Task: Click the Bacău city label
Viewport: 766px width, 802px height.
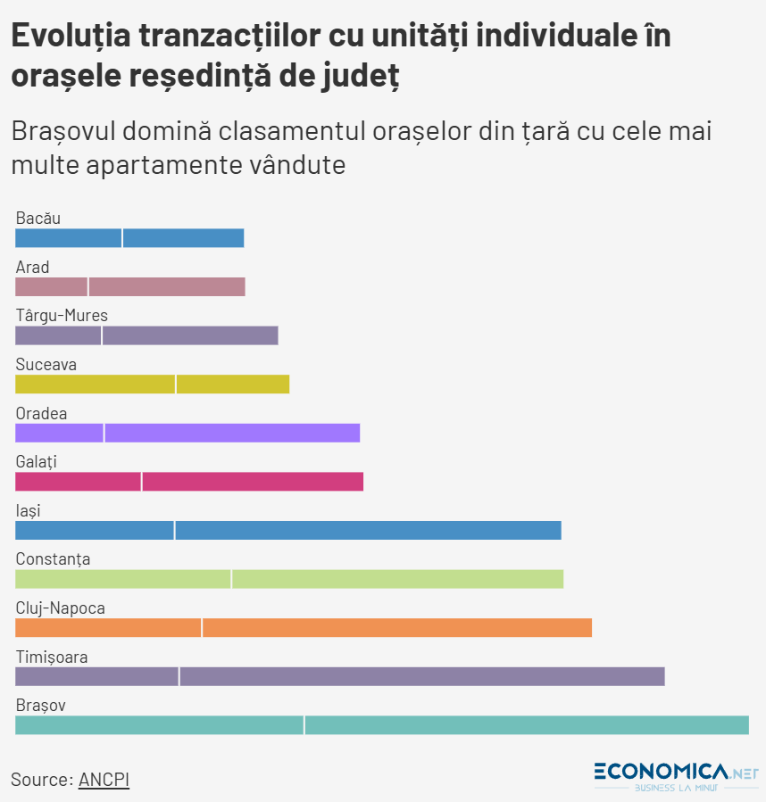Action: click(x=38, y=218)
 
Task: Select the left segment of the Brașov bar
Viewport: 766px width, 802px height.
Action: click(x=159, y=725)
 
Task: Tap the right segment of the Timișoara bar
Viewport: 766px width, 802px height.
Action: click(x=422, y=677)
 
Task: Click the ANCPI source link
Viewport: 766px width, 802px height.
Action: click(x=104, y=779)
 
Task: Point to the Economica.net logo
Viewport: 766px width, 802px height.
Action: click(x=676, y=775)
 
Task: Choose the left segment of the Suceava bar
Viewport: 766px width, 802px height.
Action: click(x=95, y=384)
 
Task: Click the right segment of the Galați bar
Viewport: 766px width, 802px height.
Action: click(x=253, y=482)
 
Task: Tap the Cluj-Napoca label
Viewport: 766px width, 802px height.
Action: click(x=61, y=608)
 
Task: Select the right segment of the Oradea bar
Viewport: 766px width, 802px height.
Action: click(x=232, y=433)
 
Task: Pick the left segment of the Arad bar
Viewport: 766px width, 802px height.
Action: click(x=51, y=286)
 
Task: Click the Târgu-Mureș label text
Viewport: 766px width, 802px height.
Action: click(x=62, y=315)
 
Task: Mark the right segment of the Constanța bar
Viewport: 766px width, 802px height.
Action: click(x=398, y=579)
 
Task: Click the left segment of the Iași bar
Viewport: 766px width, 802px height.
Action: click(x=94, y=531)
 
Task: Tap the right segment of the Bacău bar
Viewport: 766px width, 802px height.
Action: click(x=184, y=238)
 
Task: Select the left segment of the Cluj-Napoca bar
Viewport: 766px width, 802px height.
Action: click(x=108, y=628)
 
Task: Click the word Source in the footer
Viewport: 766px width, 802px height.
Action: click(x=40, y=779)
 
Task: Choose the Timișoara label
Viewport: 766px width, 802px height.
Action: click(x=52, y=657)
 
